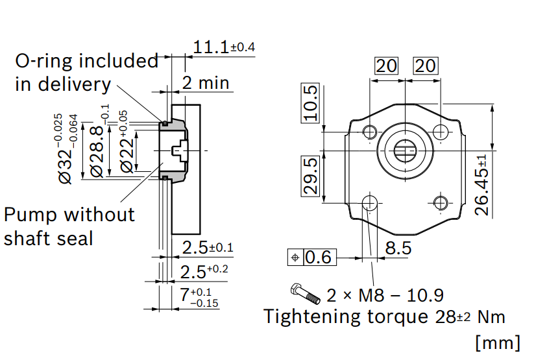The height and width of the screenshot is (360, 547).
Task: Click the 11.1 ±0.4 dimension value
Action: click(224, 47)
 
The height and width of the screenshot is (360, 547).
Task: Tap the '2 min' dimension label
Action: click(206, 82)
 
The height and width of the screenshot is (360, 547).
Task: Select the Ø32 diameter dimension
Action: click(66, 149)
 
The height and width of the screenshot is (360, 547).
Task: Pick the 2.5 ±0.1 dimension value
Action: click(208, 248)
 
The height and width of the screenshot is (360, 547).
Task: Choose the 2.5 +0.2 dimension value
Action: click(204, 271)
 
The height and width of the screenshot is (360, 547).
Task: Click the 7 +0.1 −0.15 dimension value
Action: click(199, 297)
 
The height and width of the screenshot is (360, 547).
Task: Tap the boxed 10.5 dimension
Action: click(310, 103)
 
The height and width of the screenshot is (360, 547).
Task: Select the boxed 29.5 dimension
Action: click(310, 176)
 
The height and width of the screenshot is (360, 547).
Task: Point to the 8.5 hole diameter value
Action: click(398, 248)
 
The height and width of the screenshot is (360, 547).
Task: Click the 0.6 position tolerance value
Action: click(318, 258)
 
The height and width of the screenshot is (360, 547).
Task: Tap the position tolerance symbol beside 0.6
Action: click(295, 258)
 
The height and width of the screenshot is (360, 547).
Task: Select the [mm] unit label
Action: click(498, 342)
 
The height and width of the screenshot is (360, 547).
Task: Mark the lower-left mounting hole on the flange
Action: click(369, 202)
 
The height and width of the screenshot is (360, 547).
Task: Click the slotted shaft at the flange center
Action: click(406, 150)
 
